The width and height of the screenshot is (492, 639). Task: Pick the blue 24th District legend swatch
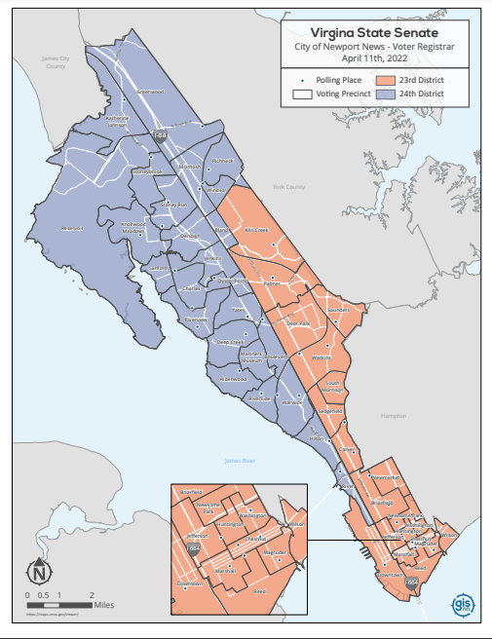click(385, 94)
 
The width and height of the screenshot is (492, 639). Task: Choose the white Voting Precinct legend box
click(302, 94)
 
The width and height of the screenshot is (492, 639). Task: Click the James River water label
click(238, 460)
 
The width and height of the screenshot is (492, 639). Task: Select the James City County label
click(53, 61)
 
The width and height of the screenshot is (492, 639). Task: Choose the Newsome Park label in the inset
click(211, 507)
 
